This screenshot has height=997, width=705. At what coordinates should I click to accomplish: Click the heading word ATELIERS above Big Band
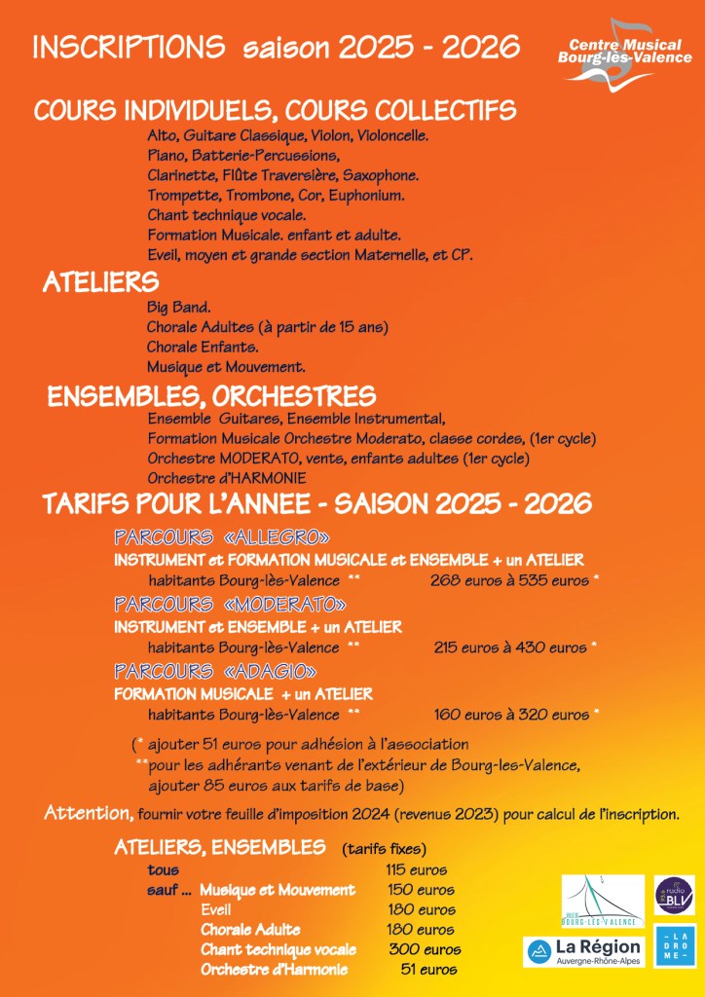pyautogui.click(x=100, y=282)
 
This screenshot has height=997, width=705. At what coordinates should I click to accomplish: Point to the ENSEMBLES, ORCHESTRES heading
pyautogui.click(x=211, y=396)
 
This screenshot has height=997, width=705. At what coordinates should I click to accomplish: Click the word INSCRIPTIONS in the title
pyautogui.click(x=129, y=47)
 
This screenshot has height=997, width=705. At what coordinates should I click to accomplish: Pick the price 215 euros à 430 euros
pyautogui.click(x=510, y=647)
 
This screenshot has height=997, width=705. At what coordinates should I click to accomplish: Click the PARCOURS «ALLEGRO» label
pyautogui.click(x=222, y=537)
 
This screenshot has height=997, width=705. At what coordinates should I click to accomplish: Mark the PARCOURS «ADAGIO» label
pyautogui.click(x=215, y=671)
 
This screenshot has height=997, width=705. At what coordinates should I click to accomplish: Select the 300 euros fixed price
pyautogui.click(x=425, y=949)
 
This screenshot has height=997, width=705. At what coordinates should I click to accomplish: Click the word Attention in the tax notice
pyautogui.click(x=89, y=814)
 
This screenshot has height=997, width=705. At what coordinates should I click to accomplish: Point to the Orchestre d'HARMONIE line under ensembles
pyautogui.click(x=227, y=478)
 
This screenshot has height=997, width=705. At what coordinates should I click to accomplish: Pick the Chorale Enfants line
pyautogui.click(x=203, y=347)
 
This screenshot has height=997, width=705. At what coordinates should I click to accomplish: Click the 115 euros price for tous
pyautogui.click(x=416, y=869)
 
